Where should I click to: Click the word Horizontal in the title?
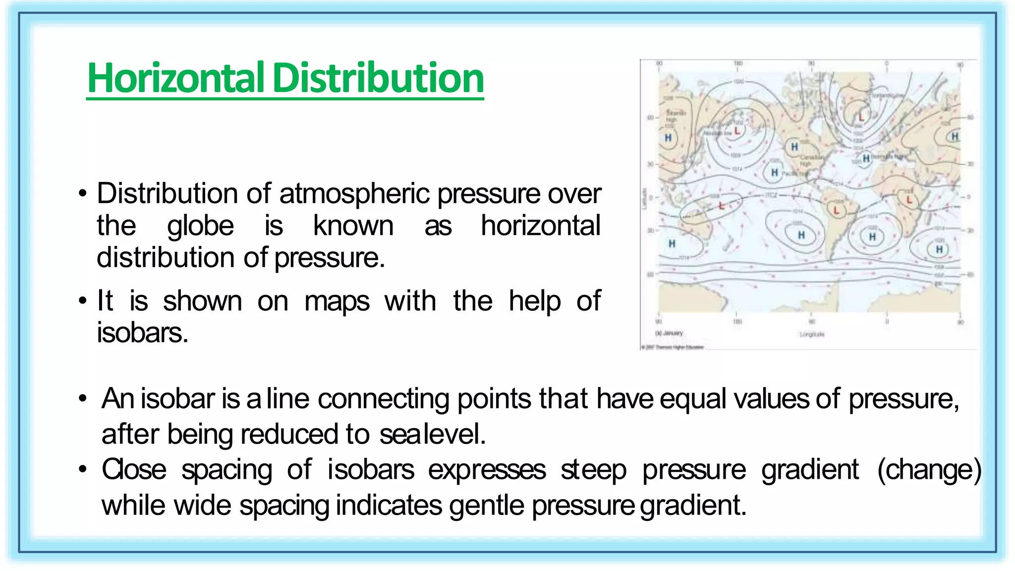click(x=175, y=78)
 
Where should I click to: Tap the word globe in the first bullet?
click(x=200, y=226)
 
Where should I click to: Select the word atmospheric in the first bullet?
click(x=354, y=193)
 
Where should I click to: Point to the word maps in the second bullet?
click(x=337, y=301)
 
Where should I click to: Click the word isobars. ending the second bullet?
click(x=143, y=333)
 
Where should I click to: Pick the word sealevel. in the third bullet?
click(x=432, y=434)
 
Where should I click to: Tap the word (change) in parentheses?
click(x=929, y=470)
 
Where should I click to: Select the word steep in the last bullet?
click(x=593, y=470)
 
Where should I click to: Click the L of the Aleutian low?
click(x=737, y=131)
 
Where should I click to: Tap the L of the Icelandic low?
click(x=861, y=117)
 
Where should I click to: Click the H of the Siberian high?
click(x=668, y=138)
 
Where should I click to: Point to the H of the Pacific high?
click(x=775, y=172)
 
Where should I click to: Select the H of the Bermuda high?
click(x=866, y=158)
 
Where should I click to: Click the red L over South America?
click(x=837, y=211)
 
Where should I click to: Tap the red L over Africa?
click(x=909, y=200)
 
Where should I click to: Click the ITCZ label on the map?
click(x=771, y=195)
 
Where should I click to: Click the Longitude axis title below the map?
click(x=812, y=335)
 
